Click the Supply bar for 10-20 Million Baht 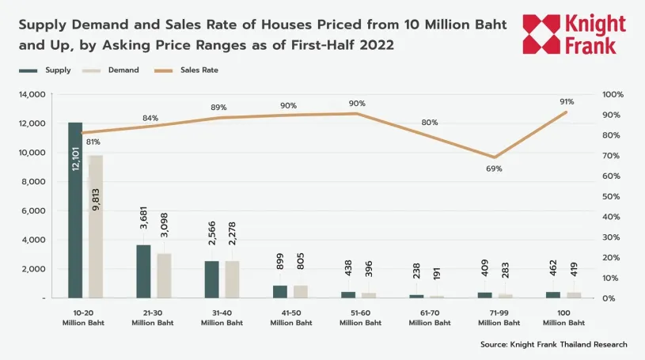[x=75, y=210]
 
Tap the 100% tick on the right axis [x=613, y=94]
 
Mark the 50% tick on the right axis [x=612, y=196]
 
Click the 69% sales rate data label [x=494, y=169]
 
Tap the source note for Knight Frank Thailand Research [x=553, y=344]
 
